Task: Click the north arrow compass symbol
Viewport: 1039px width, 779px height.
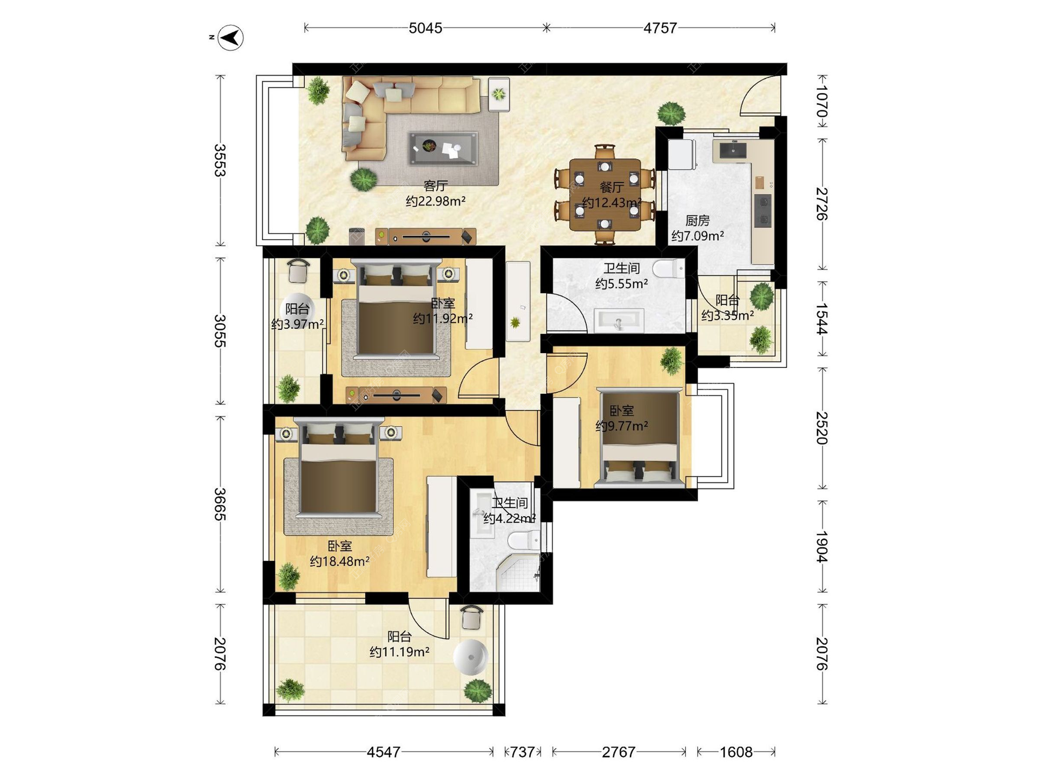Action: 230,38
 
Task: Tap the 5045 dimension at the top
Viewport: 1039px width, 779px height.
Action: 425,28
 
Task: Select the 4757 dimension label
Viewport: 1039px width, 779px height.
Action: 660,28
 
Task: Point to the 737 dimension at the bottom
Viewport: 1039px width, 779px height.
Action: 522,752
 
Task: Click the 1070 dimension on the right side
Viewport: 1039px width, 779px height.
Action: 822,101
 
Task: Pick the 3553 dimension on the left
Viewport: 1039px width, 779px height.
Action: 219,160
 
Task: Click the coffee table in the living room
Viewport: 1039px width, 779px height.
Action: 443,148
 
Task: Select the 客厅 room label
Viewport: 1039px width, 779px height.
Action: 436,186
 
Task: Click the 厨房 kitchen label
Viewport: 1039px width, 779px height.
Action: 698,221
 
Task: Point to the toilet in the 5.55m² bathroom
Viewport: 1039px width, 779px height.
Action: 669,268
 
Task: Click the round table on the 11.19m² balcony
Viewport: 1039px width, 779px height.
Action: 471,657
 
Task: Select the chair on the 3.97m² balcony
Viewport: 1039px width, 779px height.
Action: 298,270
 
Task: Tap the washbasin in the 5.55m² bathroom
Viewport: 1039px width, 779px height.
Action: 619,320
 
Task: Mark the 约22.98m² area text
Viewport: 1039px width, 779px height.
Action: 436,201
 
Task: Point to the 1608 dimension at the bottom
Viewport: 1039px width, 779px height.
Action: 736,752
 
